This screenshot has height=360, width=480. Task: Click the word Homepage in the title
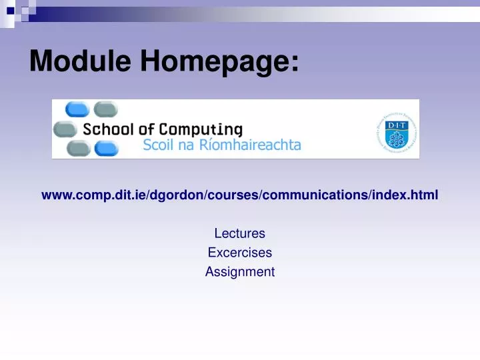coord(219,63)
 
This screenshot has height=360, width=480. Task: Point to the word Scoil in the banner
coord(158,145)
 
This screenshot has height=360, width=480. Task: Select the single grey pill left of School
coord(65,129)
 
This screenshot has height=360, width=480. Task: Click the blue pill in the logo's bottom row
coord(106,149)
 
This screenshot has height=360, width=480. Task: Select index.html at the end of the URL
coord(407,195)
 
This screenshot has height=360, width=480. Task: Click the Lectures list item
coord(239,233)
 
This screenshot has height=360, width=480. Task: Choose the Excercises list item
coord(239,253)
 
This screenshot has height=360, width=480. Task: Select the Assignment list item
coord(239,272)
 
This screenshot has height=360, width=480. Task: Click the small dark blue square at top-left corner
coord(10,11)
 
